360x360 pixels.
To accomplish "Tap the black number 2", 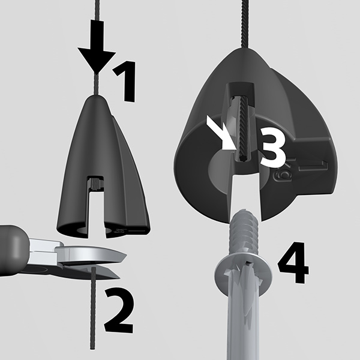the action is click(x=118, y=310).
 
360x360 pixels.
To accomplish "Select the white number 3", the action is click(x=273, y=147).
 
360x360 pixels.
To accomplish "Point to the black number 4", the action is click(x=293, y=262).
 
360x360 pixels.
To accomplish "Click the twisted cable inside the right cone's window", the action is click(x=244, y=128).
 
